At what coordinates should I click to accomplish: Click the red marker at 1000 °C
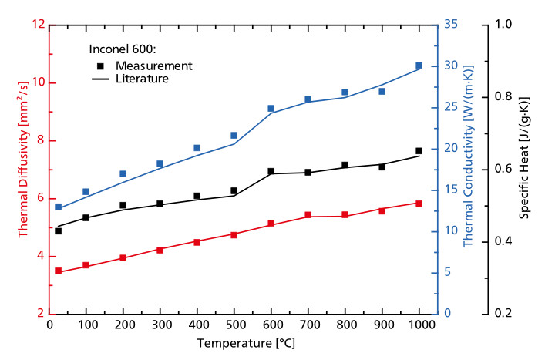(419, 204)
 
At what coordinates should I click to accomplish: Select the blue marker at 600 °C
(271, 109)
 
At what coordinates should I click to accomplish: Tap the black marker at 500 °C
(234, 191)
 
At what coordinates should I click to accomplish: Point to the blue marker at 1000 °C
(419, 66)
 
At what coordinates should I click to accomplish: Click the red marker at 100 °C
(86, 265)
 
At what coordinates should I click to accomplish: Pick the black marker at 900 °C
(382, 167)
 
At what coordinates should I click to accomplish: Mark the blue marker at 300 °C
(160, 163)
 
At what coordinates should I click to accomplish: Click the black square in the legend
(100, 65)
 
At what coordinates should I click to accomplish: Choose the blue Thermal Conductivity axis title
(468, 169)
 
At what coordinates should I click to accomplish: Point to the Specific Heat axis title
(524, 169)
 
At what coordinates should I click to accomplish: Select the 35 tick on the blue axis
(452, 25)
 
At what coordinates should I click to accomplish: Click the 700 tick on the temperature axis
(308, 325)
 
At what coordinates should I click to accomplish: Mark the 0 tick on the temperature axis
(49, 325)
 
